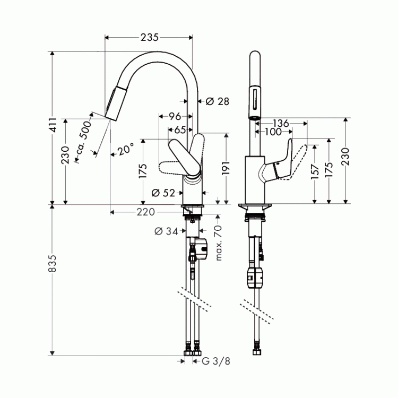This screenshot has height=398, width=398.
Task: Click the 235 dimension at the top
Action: (x=150, y=38)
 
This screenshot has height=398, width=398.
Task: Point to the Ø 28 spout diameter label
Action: (x=217, y=101)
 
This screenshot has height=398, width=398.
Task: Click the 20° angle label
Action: (x=125, y=150)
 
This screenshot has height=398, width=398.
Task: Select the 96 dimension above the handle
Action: (x=175, y=116)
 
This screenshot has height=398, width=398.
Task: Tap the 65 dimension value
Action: (x=179, y=129)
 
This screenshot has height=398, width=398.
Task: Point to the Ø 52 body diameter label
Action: (x=163, y=193)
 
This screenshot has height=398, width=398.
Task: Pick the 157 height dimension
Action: (x=316, y=175)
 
